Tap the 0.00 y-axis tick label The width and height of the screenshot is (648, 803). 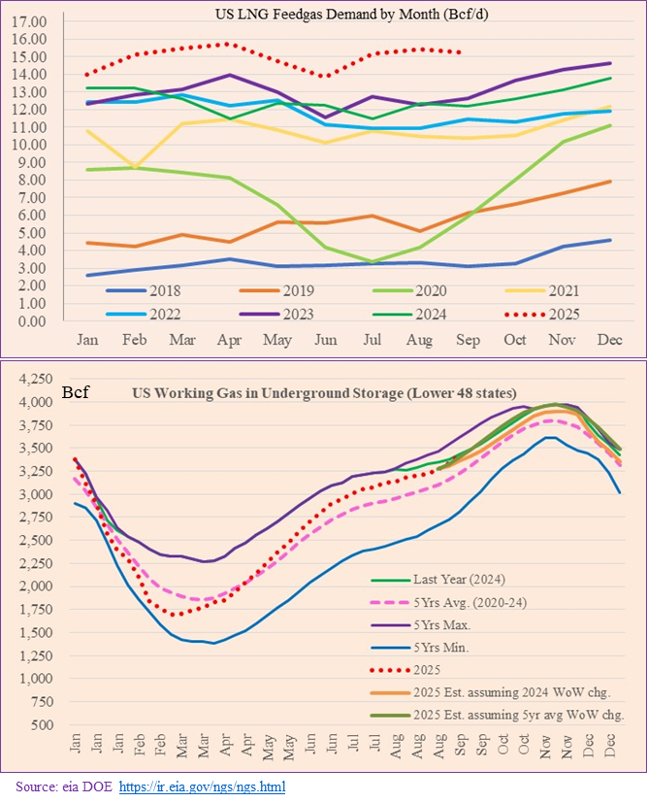34,321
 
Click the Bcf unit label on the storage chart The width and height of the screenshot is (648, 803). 76,393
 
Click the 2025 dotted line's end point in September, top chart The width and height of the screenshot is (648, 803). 458,52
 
